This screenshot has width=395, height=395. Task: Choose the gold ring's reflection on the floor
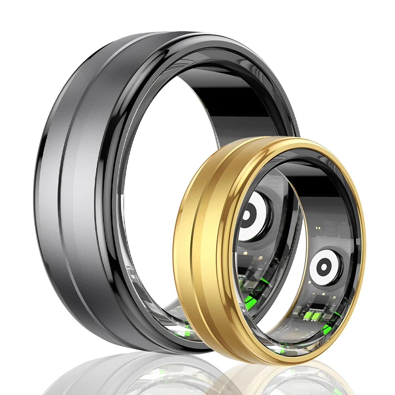pyautogui.click(x=276, y=379)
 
